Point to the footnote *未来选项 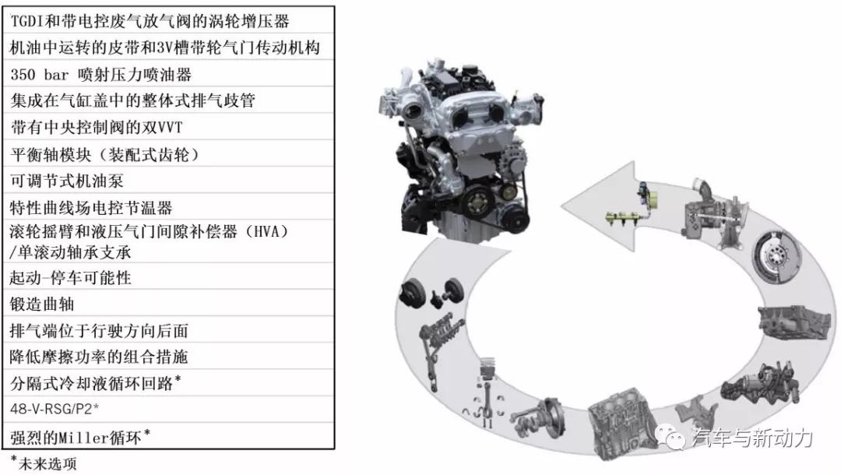click(44, 463)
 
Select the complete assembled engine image click(461, 150)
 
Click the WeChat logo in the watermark click(671, 437)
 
